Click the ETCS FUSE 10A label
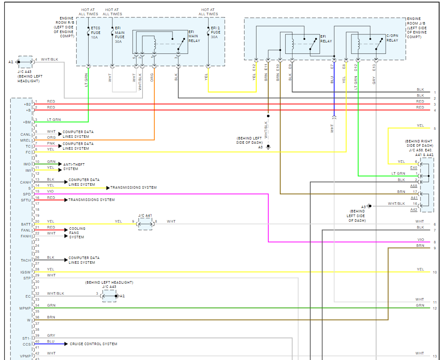(95, 33)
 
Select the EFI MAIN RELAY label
(194, 36)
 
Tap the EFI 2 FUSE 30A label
(215, 32)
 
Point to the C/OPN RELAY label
(392, 38)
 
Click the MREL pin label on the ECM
(25, 140)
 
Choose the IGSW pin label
(25, 272)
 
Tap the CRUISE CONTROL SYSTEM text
(93, 344)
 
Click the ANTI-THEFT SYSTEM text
(74, 167)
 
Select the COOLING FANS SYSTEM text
(77, 233)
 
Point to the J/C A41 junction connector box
(145, 224)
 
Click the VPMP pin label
(25, 356)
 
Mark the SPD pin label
(27, 194)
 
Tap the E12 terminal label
(254, 68)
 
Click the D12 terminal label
(356, 68)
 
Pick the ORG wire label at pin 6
(51, 138)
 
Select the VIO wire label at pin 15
(50, 191)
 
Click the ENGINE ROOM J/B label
(417, 28)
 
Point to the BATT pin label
(26, 224)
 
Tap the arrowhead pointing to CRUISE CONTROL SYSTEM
(66, 344)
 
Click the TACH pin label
(26, 260)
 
